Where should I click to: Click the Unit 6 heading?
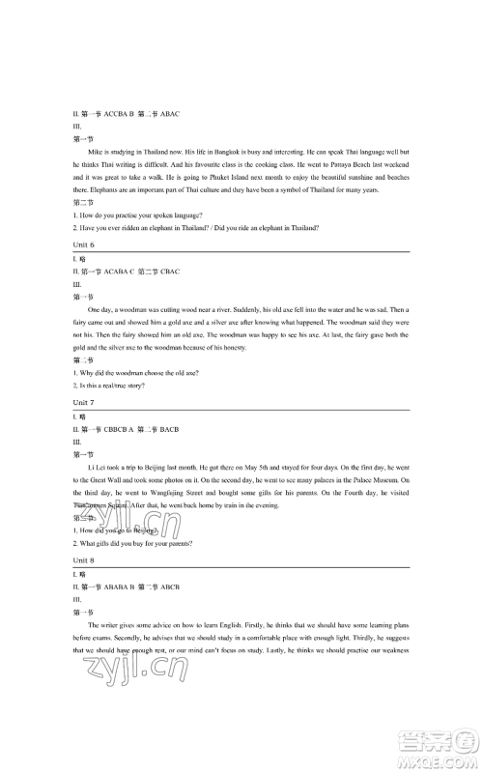pyautogui.click(x=84, y=245)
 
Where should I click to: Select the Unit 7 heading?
pyautogui.click(x=84, y=402)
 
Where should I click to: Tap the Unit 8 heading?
pyautogui.click(x=84, y=559)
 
